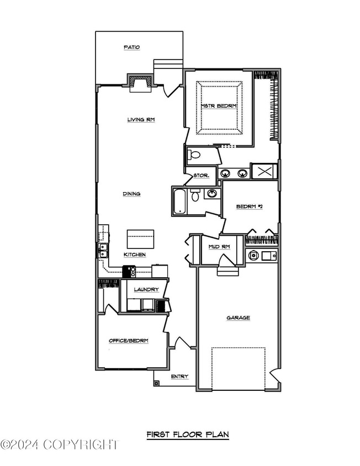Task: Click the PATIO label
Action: click(132, 47)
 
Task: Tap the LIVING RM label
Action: click(141, 120)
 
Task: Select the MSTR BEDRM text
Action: click(219, 106)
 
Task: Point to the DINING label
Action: click(132, 194)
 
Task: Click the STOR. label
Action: click(201, 176)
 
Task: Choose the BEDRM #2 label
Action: click(250, 206)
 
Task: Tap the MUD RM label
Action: click(219, 247)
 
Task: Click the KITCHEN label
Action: click(135, 255)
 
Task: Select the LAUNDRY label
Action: click(146, 289)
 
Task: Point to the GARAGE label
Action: click(238, 317)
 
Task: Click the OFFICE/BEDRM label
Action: click(129, 341)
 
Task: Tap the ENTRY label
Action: click(179, 377)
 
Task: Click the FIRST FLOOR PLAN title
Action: click(188, 435)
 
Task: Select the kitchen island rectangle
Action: click(141, 239)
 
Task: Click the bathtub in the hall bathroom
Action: click(180, 201)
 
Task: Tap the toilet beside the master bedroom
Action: click(194, 155)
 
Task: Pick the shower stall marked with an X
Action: click(264, 171)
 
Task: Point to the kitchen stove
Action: click(129, 271)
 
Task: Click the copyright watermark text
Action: click(60, 444)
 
